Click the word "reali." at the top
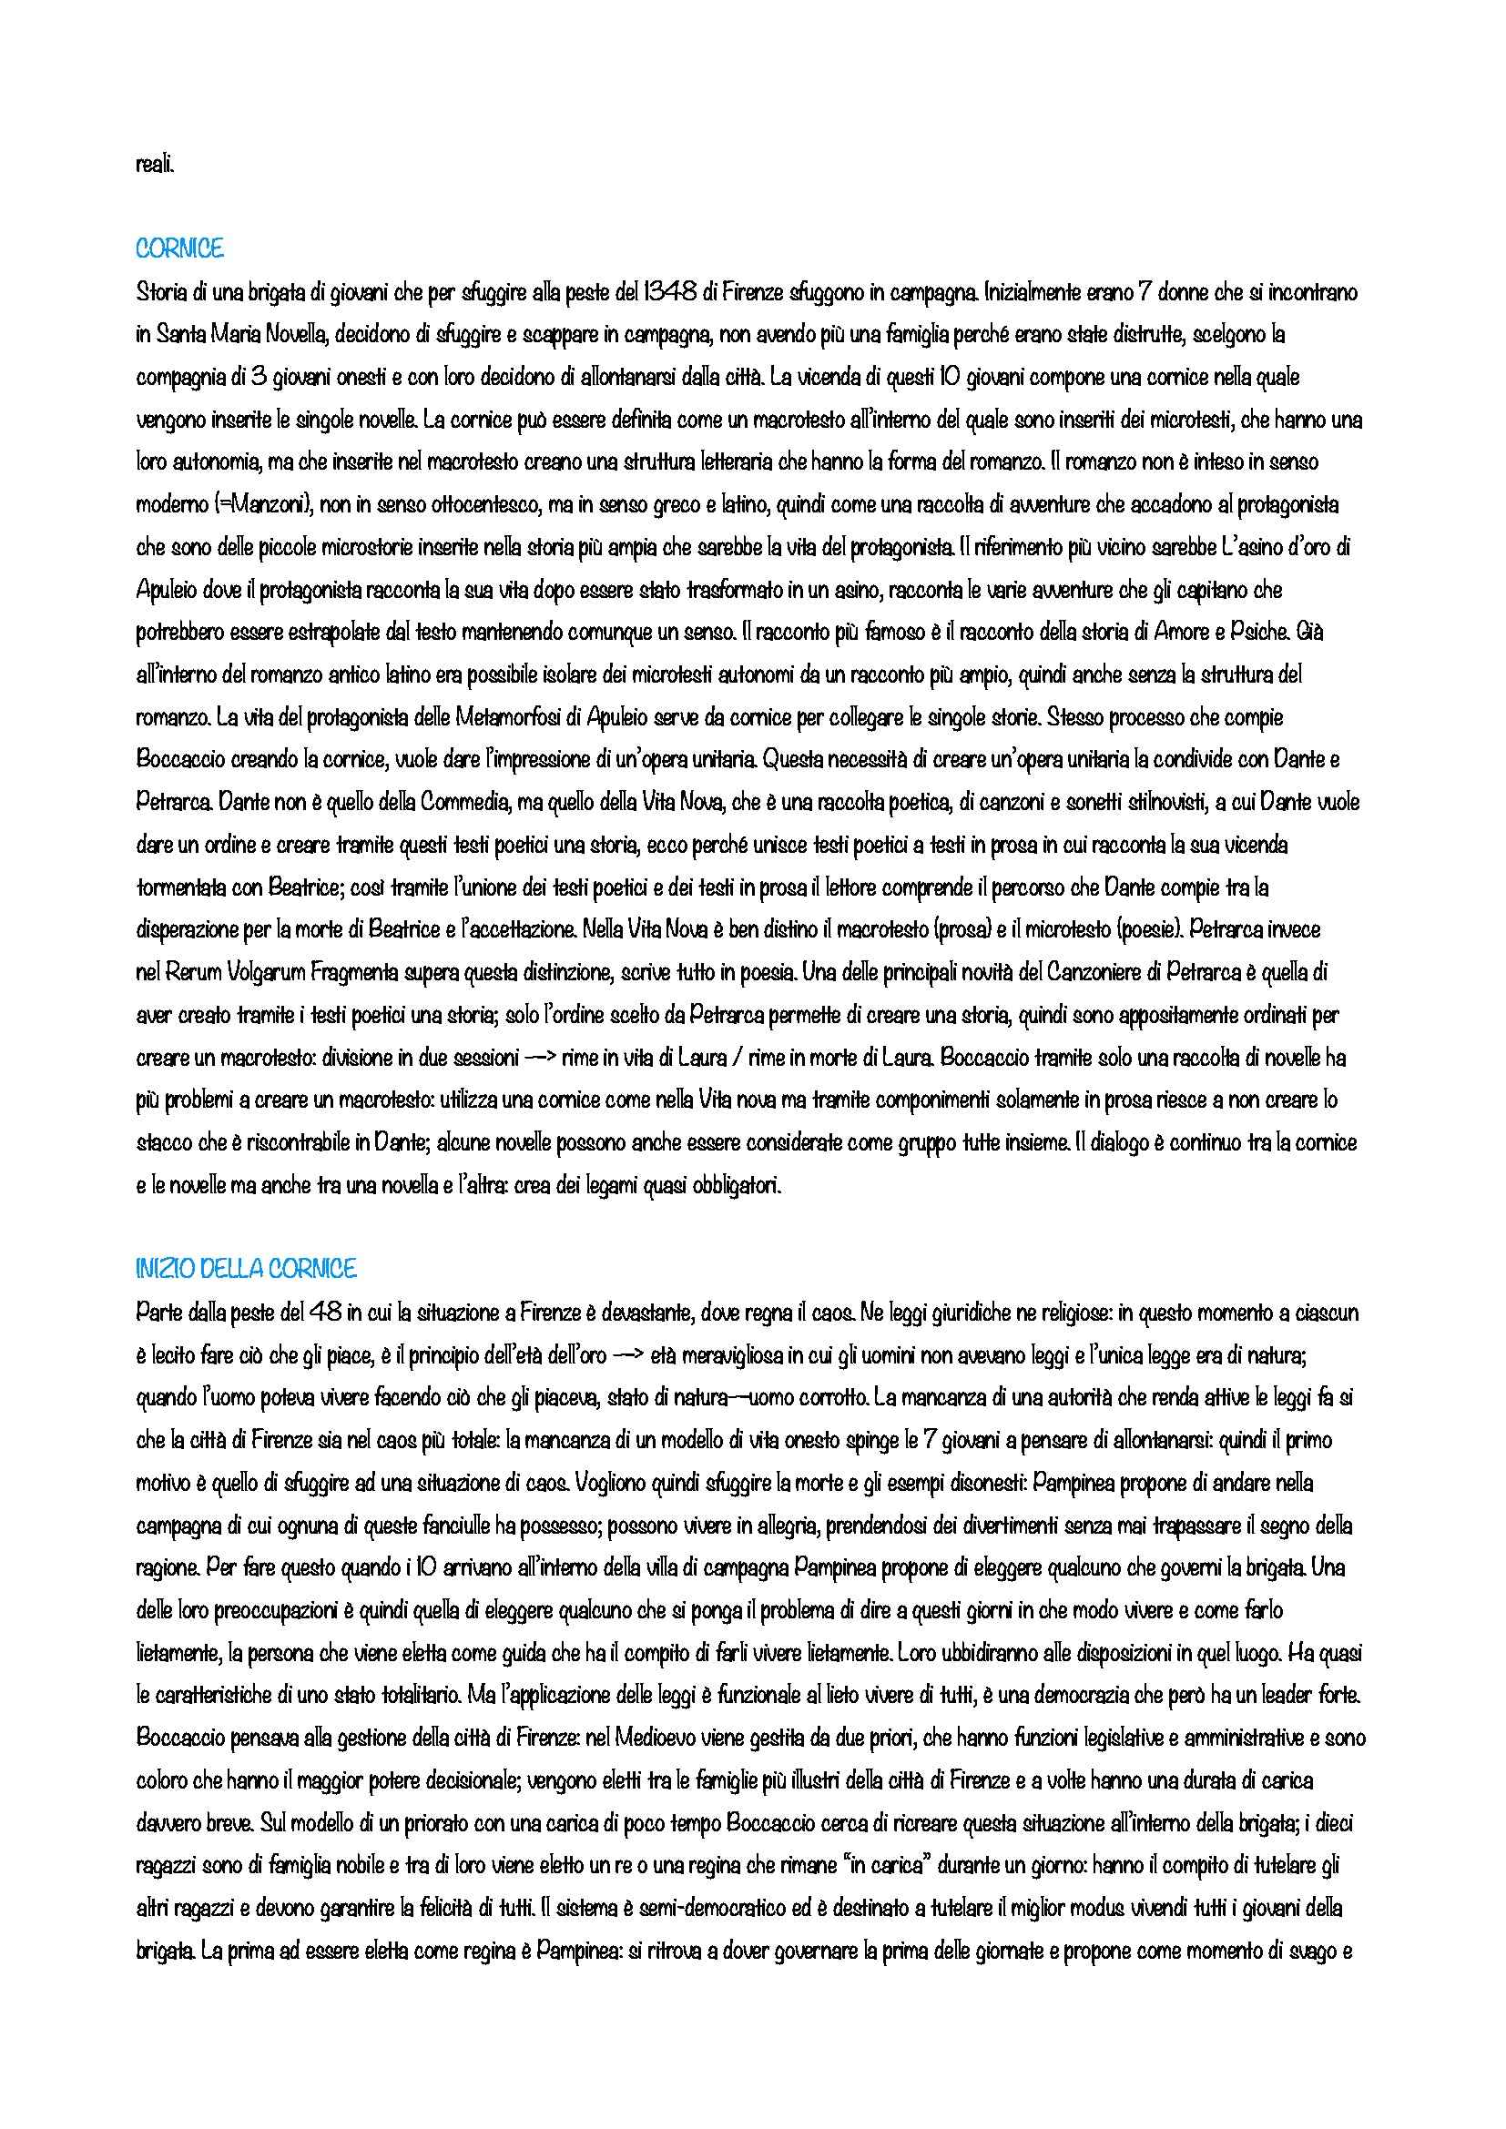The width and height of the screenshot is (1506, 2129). [x=153, y=167]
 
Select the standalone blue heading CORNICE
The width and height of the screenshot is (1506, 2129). [x=179, y=248]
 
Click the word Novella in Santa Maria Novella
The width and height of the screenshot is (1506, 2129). [x=296, y=336]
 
